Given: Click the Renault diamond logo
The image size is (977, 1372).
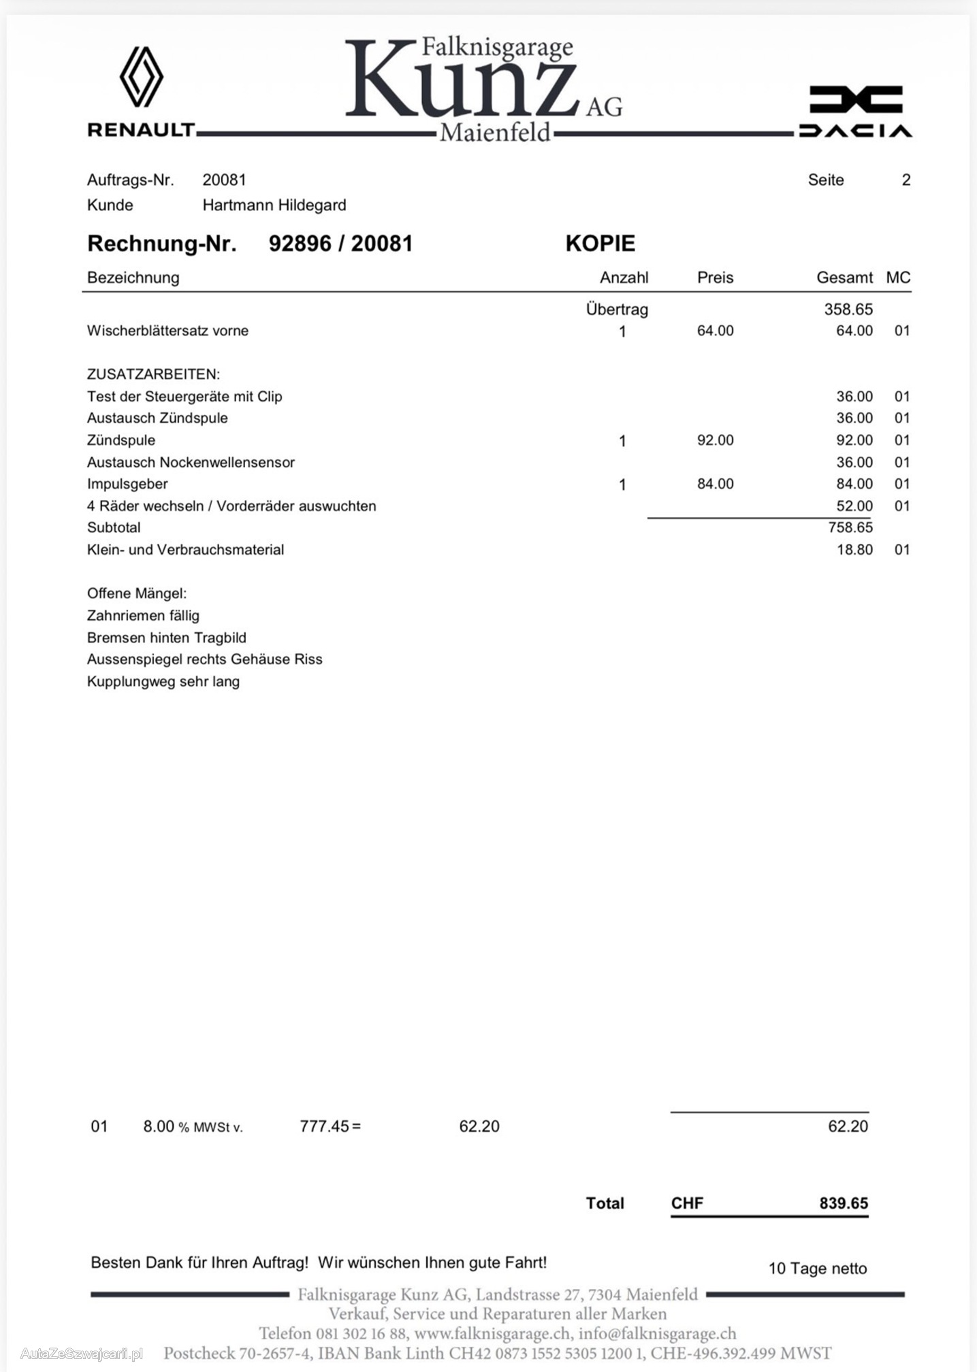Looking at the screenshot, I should pos(142,76).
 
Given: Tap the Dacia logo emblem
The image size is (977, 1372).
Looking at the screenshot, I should pos(856,99).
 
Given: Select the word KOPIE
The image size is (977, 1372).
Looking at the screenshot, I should pos(600,244).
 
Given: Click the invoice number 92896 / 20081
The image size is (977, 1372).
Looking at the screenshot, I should pos(340,244).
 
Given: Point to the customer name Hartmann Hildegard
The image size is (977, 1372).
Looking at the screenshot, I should pos(274,205).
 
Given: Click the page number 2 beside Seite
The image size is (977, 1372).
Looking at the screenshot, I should pos(906,180).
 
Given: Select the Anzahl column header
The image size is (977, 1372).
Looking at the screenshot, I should pos(624,278).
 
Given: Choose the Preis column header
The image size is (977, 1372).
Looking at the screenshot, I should pos(715,278).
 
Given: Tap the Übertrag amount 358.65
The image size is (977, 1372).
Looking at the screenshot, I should pos(848,309).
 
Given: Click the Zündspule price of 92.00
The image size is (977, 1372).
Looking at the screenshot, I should pos(715,440).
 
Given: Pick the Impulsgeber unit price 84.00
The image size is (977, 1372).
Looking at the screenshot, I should pos(715,484).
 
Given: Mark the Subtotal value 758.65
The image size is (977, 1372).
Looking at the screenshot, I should pos(850,527).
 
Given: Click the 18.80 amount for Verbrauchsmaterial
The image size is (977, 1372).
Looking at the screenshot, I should pos(854,550).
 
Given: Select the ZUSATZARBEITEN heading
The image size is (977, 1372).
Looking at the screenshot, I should pos(153,374).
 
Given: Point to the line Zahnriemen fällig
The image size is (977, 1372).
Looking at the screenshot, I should pos(143,616).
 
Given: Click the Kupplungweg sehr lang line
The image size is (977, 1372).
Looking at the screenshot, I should pos(163,681).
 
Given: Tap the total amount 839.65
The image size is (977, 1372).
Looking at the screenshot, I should pos(844,1203).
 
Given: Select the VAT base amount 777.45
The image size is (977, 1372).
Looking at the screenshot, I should pos(324,1126).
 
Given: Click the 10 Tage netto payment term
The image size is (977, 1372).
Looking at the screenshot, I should pos(817,1269).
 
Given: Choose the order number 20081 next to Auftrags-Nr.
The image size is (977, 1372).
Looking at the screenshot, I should pos(224,180).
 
